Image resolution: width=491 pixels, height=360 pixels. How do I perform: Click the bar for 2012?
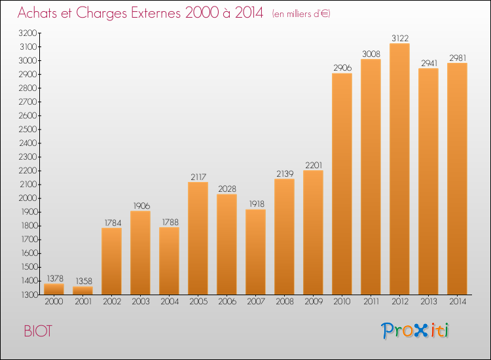click(x=400, y=169)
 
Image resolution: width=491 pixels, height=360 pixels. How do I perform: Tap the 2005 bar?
click(x=198, y=238)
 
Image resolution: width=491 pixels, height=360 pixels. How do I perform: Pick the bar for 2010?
click(x=342, y=184)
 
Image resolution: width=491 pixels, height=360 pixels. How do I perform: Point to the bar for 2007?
click(x=256, y=252)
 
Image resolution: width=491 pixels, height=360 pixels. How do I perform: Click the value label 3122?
click(x=400, y=38)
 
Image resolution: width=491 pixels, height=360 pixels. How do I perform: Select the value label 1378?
click(x=54, y=278)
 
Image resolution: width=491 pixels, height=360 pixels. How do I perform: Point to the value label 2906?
click(x=342, y=67)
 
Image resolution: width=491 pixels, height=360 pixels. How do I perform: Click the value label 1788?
click(x=170, y=221)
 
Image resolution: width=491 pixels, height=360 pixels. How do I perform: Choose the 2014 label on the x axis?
click(x=458, y=302)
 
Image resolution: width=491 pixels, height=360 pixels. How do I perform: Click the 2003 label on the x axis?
click(x=141, y=302)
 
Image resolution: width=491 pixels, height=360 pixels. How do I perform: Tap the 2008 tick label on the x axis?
click(x=285, y=302)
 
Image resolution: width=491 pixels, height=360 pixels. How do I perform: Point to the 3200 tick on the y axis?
click(x=27, y=33)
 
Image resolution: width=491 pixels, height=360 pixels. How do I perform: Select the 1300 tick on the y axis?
click(x=27, y=295)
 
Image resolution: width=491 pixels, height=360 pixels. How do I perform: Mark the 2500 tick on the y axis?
click(x=27, y=129)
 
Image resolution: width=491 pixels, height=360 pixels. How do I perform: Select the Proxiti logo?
click(x=416, y=331)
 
